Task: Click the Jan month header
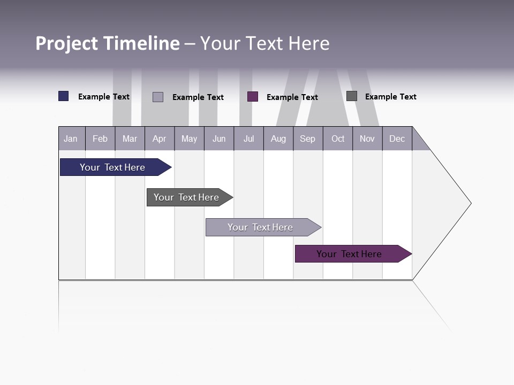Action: (x=71, y=138)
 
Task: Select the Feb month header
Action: (x=100, y=138)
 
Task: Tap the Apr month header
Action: (x=159, y=138)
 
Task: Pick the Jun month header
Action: (x=219, y=138)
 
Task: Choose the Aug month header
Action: (x=278, y=138)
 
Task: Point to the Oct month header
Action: (x=338, y=138)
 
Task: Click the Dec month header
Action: (x=397, y=138)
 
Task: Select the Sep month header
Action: (x=307, y=138)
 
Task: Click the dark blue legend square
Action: (x=64, y=96)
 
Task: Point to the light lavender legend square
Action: (x=158, y=97)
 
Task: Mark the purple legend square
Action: (x=253, y=97)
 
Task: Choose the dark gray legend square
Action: (x=352, y=96)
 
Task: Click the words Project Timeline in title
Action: (x=107, y=43)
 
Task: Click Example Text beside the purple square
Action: (x=292, y=97)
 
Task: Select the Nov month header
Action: (x=367, y=138)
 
